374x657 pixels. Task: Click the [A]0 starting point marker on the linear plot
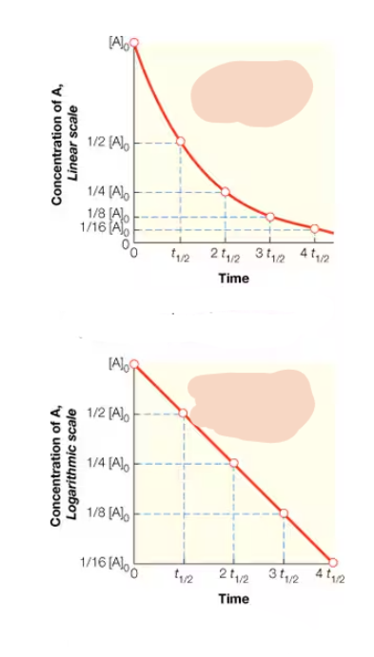pos(134,42)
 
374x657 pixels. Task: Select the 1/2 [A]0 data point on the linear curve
pos(181,142)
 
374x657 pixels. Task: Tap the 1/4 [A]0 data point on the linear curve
pos(226,192)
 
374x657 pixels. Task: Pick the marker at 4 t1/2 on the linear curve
pos(315,228)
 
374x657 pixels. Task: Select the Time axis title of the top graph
pos(233,279)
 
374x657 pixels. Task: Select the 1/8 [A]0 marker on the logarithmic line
pos(284,513)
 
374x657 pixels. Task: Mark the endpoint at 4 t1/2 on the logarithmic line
pos(333,562)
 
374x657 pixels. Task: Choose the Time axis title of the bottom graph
pos(233,599)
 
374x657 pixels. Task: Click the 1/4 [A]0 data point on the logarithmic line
pos(234,463)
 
